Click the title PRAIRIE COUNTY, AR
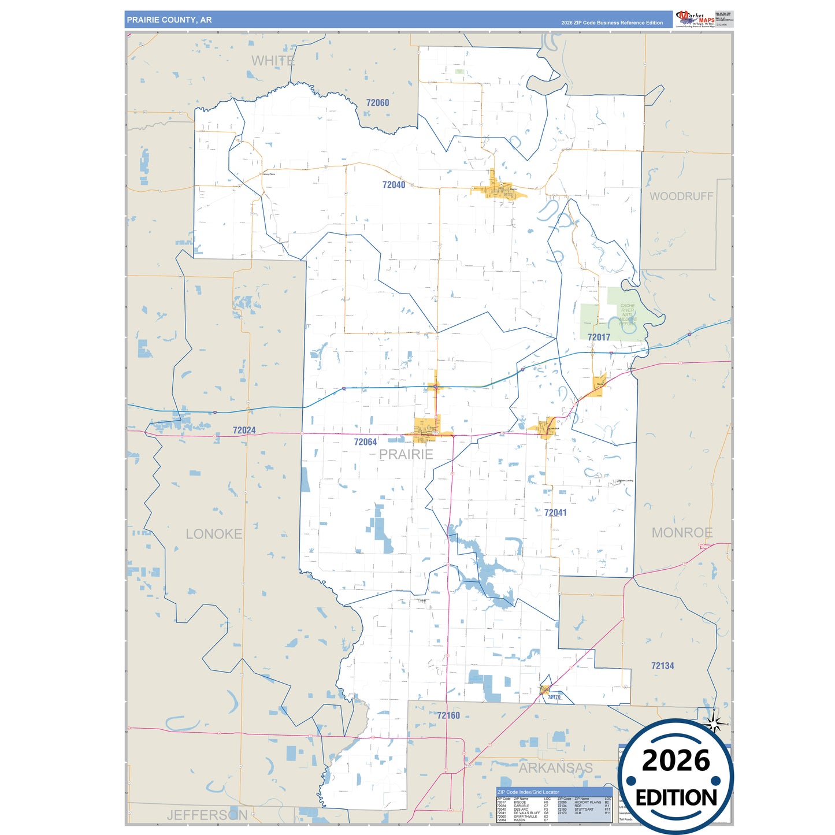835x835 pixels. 169,20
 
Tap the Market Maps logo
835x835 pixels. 695,19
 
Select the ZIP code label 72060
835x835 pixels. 377,103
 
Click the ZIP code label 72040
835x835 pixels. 394,185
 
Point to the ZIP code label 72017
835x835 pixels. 599,337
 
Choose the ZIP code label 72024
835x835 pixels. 244,431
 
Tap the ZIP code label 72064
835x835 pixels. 365,442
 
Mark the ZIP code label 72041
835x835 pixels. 555,513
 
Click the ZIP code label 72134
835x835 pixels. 662,666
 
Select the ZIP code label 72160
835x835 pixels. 448,715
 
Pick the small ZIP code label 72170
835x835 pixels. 554,697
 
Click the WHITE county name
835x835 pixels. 273,61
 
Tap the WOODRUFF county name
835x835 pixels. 681,196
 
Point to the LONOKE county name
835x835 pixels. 214,534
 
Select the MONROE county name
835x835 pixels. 682,533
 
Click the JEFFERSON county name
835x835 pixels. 207,815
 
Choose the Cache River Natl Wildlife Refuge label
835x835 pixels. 628,314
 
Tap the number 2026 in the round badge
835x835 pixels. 676,760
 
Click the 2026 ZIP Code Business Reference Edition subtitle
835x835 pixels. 612,23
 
